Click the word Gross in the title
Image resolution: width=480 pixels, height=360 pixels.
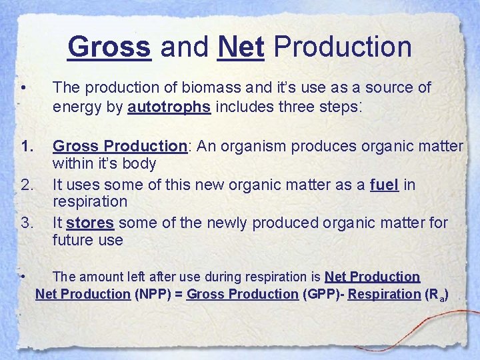tap(109, 47)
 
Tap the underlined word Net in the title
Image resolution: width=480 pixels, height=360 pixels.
tap(241, 47)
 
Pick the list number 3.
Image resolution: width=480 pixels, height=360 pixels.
tap(27, 222)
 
